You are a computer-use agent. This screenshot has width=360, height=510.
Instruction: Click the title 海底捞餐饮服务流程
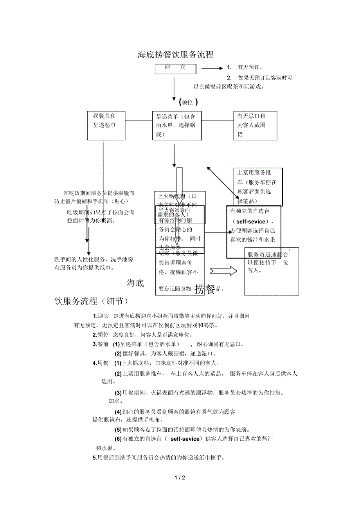tap(176, 54)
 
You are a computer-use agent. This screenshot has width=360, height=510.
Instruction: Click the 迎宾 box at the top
tap(175, 68)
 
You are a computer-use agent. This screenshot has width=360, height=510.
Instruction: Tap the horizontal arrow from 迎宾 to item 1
tap(211, 68)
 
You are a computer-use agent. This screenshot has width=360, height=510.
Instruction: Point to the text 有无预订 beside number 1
tap(250, 68)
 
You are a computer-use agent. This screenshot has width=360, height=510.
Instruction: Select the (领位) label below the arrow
tap(188, 102)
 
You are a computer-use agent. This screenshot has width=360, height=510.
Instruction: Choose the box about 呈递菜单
tap(176, 125)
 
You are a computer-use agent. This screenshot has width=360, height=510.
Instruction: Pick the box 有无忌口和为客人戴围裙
tap(255, 125)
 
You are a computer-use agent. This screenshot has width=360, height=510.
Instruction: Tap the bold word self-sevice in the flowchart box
tap(254, 221)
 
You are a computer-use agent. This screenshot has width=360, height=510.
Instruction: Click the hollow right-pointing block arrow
tap(223, 271)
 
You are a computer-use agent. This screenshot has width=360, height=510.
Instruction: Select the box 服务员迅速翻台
tap(271, 271)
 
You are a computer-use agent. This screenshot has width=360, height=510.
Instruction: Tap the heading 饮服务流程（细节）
tap(91, 301)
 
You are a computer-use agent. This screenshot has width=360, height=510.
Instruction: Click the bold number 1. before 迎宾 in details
tap(95, 316)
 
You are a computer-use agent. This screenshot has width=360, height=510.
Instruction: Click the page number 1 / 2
tap(180, 478)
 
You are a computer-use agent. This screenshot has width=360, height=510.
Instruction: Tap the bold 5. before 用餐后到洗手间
tap(95, 458)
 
